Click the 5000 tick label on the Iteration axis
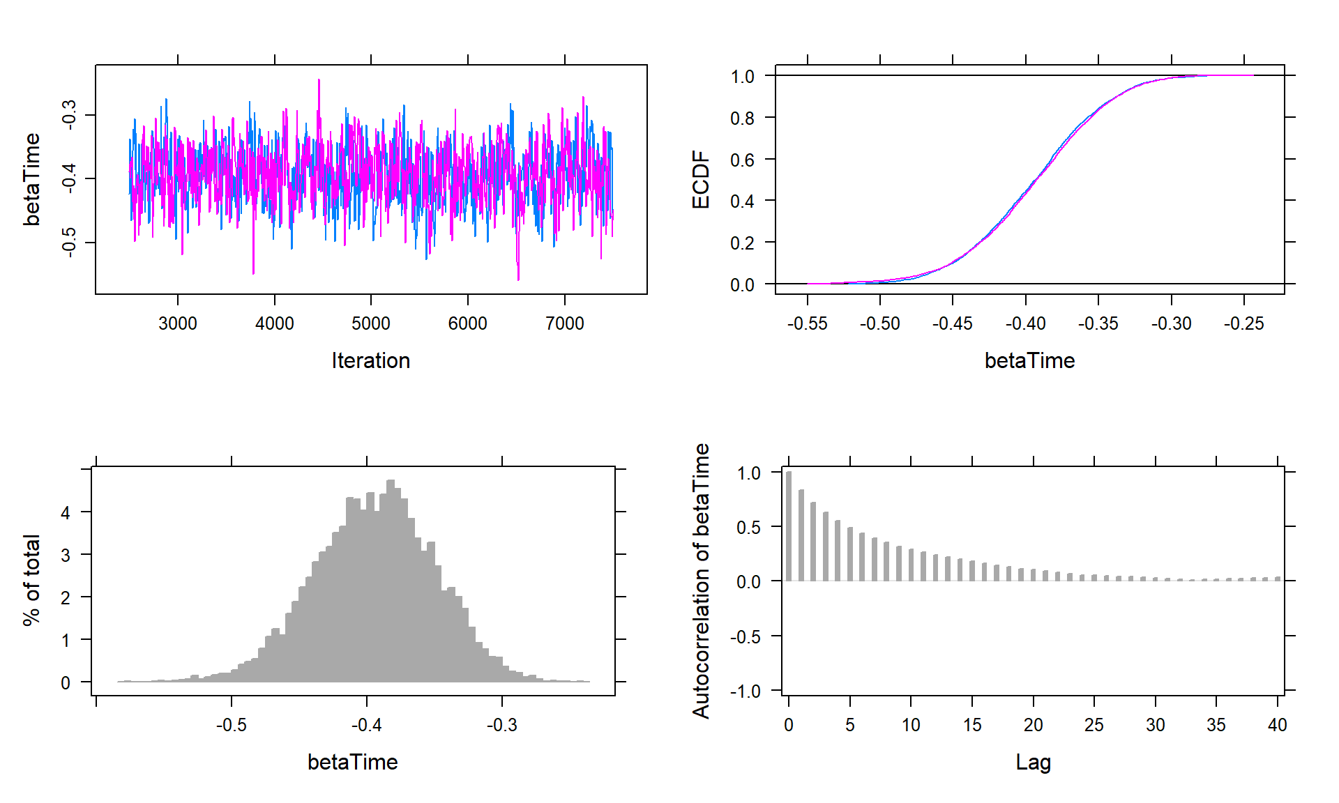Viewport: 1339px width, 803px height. (x=370, y=323)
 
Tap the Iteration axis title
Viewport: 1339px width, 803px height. (x=370, y=360)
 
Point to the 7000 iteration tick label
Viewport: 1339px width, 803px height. (x=564, y=323)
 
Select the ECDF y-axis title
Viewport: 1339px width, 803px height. (x=700, y=180)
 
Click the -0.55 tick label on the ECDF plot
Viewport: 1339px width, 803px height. (x=807, y=323)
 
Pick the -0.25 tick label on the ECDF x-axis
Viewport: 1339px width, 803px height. (x=1243, y=323)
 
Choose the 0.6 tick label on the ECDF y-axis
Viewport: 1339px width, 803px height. (x=742, y=160)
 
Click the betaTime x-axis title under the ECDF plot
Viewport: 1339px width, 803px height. (x=1029, y=360)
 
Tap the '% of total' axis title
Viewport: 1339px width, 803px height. (x=31, y=580)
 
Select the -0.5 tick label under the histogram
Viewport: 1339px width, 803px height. (x=231, y=725)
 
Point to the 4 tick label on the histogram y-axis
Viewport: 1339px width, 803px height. (x=66, y=513)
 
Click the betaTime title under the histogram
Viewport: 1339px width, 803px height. (x=352, y=762)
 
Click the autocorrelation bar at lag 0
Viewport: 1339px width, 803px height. (x=789, y=526)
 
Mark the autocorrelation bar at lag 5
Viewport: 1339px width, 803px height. (x=850, y=554)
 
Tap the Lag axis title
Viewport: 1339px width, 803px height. (x=1033, y=762)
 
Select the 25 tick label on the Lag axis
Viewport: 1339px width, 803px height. (x=1094, y=725)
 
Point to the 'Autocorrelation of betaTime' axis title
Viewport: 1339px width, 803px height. (x=700, y=580)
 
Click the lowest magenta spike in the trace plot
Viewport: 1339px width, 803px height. (x=518, y=277)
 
